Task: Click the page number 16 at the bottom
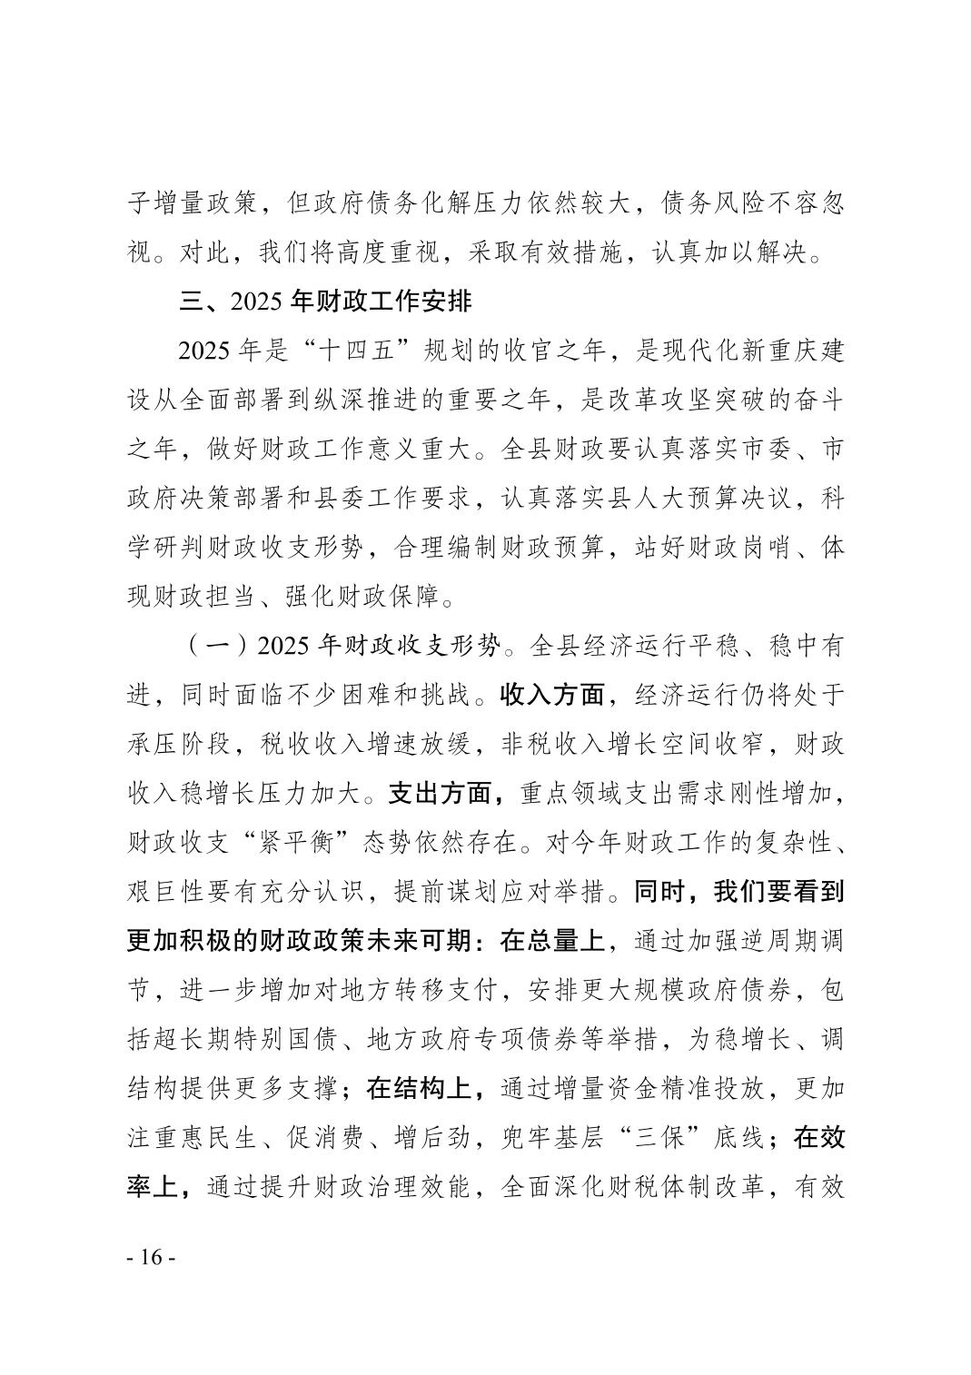[x=151, y=1257]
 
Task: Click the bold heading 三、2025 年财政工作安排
[x=325, y=301]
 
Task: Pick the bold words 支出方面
[x=441, y=794]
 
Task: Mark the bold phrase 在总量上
[x=552, y=941]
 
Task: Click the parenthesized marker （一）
[x=219, y=647]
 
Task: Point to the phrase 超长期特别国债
[x=246, y=1039]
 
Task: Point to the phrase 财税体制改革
[x=686, y=1186]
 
